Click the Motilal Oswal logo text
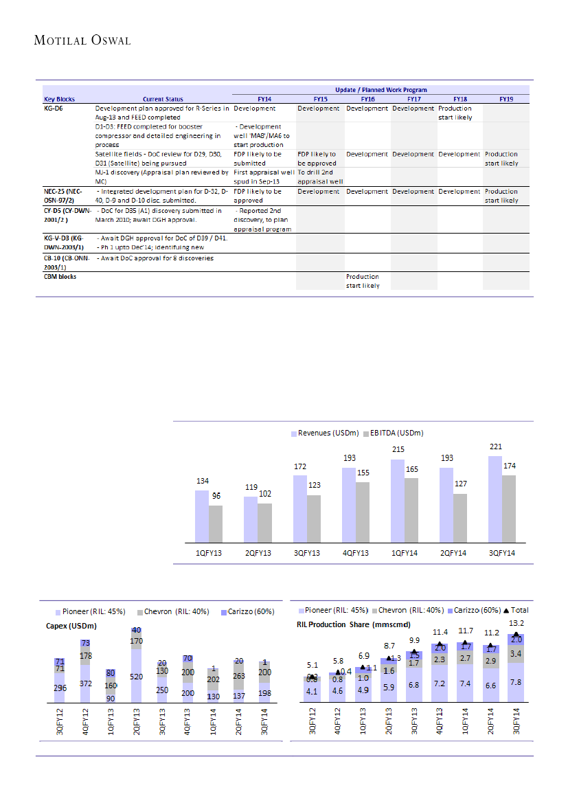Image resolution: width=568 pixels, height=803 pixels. (82, 41)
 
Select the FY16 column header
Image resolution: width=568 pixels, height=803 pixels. (367, 99)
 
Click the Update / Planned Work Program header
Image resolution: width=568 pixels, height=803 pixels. (380, 90)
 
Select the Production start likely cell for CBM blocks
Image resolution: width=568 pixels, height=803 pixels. (363, 281)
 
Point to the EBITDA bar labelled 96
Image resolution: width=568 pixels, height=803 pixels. (216, 523)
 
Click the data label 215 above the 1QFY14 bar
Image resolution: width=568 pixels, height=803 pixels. (398, 449)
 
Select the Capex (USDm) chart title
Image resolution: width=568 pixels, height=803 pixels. (71, 626)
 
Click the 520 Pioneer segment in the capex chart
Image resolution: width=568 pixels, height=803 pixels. (136, 676)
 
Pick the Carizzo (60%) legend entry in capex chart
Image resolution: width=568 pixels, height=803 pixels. (249, 611)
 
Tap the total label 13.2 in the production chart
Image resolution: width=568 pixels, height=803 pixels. (516, 623)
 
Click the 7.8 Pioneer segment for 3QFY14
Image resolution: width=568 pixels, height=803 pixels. (516, 682)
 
